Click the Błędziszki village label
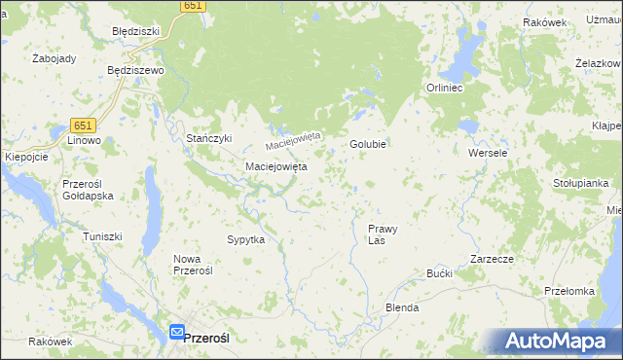click(x=135, y=31)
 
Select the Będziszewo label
click(x=134, y=71)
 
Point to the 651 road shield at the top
click(x=193, y=6)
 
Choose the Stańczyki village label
click(x=209, y=138)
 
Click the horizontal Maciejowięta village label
click(x=275, y=166)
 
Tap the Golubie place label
click(x=369, y=144)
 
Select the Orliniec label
click(x=449, y=88)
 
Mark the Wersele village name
click(x=488, y=154)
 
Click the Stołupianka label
click(x=580, y=182)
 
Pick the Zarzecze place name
click(x=492, y=259)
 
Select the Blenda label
click(x=402, y=307)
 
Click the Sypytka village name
click(x=245, y=239)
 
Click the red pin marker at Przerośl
click(x=176, y=332)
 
